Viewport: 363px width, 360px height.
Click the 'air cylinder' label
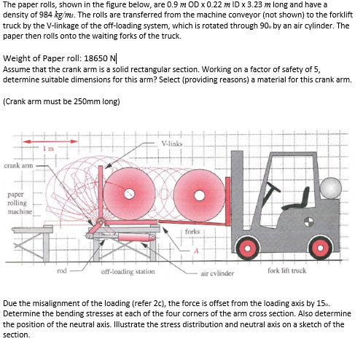216,275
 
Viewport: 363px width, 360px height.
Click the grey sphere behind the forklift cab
330,187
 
